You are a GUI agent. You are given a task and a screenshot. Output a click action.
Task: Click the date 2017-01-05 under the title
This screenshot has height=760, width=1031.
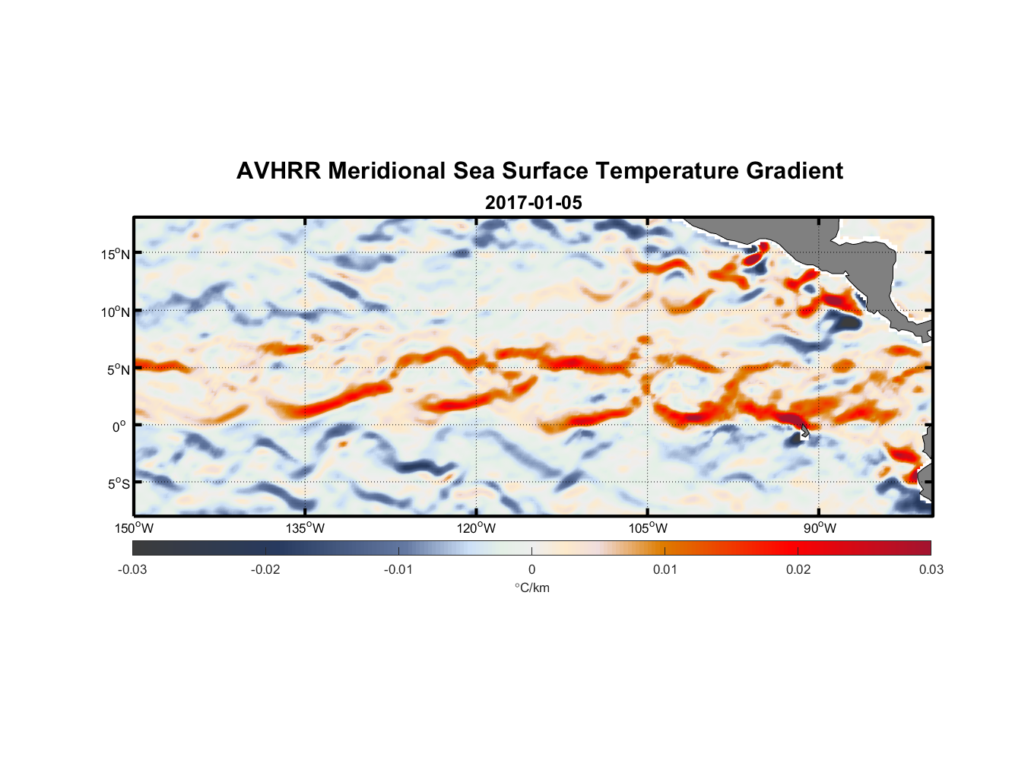pos(533,203)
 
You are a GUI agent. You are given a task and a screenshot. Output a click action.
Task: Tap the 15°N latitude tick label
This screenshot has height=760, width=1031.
pos(116,254)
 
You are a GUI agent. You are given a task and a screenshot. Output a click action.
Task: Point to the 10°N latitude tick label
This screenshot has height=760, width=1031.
pos(116,312)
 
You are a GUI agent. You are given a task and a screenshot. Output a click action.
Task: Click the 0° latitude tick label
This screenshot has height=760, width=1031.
pos(119,426)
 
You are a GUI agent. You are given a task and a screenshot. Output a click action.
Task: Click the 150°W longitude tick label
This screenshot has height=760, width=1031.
pos(134,528)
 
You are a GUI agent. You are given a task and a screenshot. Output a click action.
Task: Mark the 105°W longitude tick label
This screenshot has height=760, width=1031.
pos(648,528)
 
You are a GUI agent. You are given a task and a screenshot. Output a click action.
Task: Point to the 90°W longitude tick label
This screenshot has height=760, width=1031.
pos(820,528)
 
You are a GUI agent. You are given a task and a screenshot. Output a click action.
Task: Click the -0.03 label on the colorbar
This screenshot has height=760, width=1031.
pos(132,569)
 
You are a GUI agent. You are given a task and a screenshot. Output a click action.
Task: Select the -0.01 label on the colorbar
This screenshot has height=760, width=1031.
pos(398,569)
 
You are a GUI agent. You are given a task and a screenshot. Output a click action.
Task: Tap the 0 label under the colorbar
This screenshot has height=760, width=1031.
pos(531,569)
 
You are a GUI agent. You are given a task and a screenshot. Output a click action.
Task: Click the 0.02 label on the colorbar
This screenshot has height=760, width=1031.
pos(798,569)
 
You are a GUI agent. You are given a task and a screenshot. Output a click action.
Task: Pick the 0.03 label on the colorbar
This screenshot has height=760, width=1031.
pos(931,569)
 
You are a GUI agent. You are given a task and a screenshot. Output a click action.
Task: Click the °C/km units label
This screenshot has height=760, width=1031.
pos(531,587)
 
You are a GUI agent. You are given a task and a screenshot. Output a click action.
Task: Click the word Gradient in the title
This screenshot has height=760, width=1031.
pos(795,171)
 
